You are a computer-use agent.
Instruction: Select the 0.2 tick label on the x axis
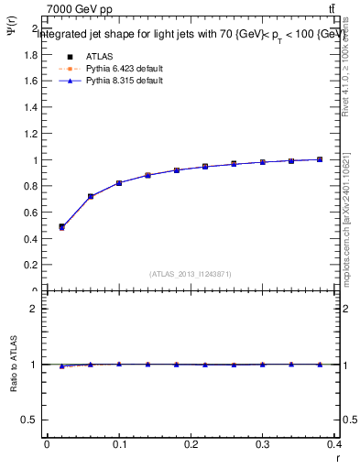pyautogui.click(x=191, y=444)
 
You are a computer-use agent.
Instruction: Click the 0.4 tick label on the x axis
pyautogui.click(x=334, y=444)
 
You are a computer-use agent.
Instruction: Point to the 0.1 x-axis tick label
pyautogui.click(x=118, y=444)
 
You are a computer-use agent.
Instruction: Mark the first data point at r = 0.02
pyautogui.click(x=61, y=226)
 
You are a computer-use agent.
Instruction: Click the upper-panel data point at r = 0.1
pyautogui.click(x=119, y=183)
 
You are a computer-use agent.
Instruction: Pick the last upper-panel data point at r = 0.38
pyautogui.click(x=320, y=159)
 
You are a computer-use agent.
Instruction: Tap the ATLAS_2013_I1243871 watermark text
pyautogui.click(x=191, y=274)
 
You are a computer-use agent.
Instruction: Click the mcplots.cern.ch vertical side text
pyautogui.click(x=349, y=220)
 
